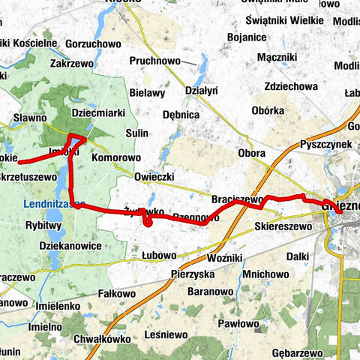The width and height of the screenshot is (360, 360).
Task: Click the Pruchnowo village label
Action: pos(155,59)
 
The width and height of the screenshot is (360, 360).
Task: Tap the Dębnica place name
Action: pos(181,115)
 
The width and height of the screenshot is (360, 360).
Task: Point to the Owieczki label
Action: pos(154,177)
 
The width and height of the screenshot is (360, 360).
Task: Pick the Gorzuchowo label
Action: pos(94,44)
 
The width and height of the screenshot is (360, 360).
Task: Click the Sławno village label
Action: pos(31,118)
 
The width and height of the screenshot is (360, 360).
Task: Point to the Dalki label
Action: pos(297,256)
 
